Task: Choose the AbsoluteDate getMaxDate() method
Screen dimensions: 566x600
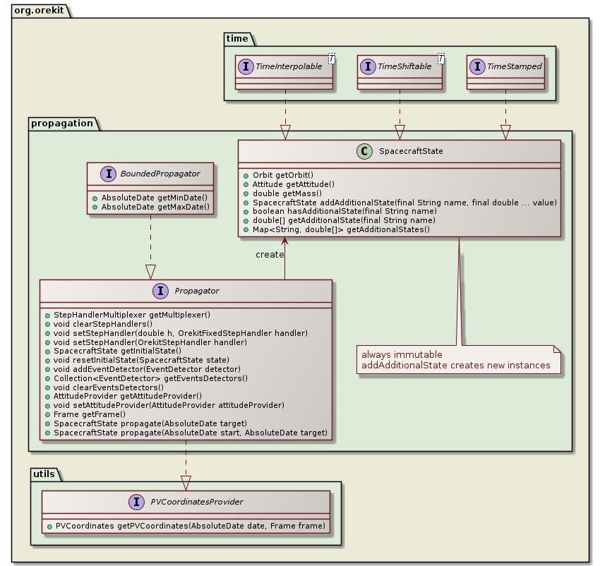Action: pyautogui.click(x=155, y=207)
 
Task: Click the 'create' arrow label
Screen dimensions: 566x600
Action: pyautogui.click(x=270, y=254)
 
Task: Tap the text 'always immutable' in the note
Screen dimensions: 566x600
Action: pyautogui.click(x=402, y=354)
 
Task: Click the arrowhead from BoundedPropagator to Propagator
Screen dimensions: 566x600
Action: pyautogui.click(x=150, y=272)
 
